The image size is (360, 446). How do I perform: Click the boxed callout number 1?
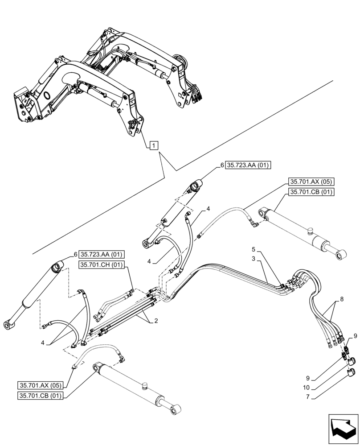coord(153,145)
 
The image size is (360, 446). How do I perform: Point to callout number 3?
coord(253,258)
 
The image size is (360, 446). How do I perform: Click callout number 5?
coord(253,249)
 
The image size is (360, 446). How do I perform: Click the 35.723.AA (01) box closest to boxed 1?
coord(249,165)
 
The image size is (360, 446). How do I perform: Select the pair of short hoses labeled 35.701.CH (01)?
coord(116,303)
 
